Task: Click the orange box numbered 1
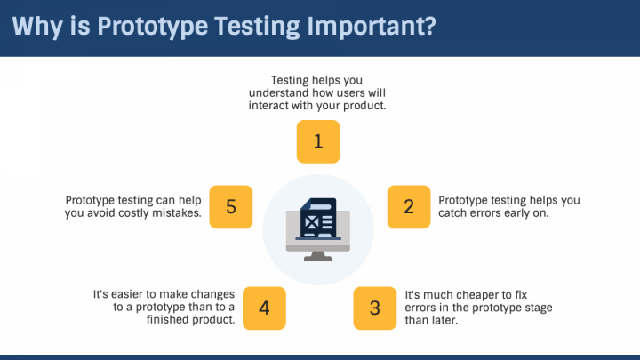(x=318, y=142)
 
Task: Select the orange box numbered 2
(x=409, y=207)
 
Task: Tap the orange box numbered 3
(x=375, y=308)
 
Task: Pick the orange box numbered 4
(x=264, y=308)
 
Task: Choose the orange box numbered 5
(x=231, y=207)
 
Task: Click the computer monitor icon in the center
(x=319, y=233)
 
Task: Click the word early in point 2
(x=518, y=213)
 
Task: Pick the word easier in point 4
(x=133, y=294)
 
